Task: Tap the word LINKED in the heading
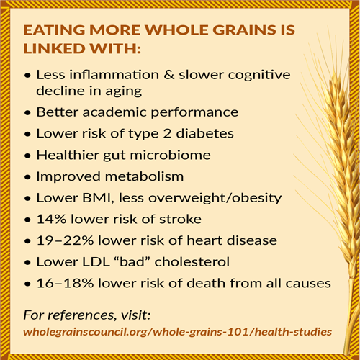tap(55, 48)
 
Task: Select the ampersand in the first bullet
tap(169, 75)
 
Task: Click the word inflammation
tap(114, 74)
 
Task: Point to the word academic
tap(114, 112)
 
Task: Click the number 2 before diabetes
tap(167, 134)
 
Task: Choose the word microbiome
tap(170, 155)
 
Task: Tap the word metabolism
tap(145, 176)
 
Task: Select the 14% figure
tap(51, 219)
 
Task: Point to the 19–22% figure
tap(65, 240)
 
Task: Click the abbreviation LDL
tap(96, 262)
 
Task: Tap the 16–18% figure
tap(65, 283)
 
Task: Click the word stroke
tap(180, 219)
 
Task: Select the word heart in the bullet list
tap(204, 240)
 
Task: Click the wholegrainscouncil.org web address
tap(178, 332)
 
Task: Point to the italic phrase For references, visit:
tap(87, 315)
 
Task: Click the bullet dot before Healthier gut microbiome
tap(28, 156)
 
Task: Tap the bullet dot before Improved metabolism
tap(28, 177)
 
